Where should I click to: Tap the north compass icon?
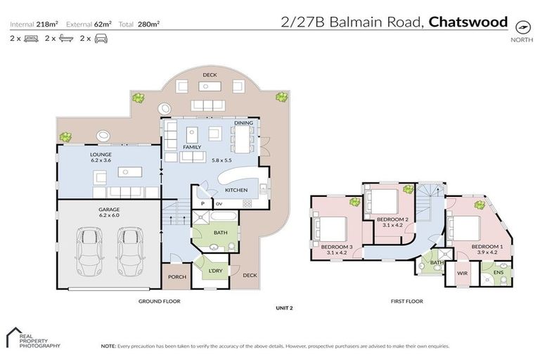(521, 27)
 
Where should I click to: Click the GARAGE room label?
(110, 209)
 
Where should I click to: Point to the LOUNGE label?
(101, 153)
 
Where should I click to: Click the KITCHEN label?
(236, 191)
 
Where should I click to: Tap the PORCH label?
(177, 277)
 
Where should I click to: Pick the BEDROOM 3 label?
(335, 246)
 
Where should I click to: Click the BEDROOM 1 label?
(486, 246)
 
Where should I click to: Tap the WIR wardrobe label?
(462, 272)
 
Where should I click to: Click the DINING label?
(243, 123)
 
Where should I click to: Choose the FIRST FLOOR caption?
(406, 301)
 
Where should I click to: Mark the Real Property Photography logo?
(32, 338)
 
